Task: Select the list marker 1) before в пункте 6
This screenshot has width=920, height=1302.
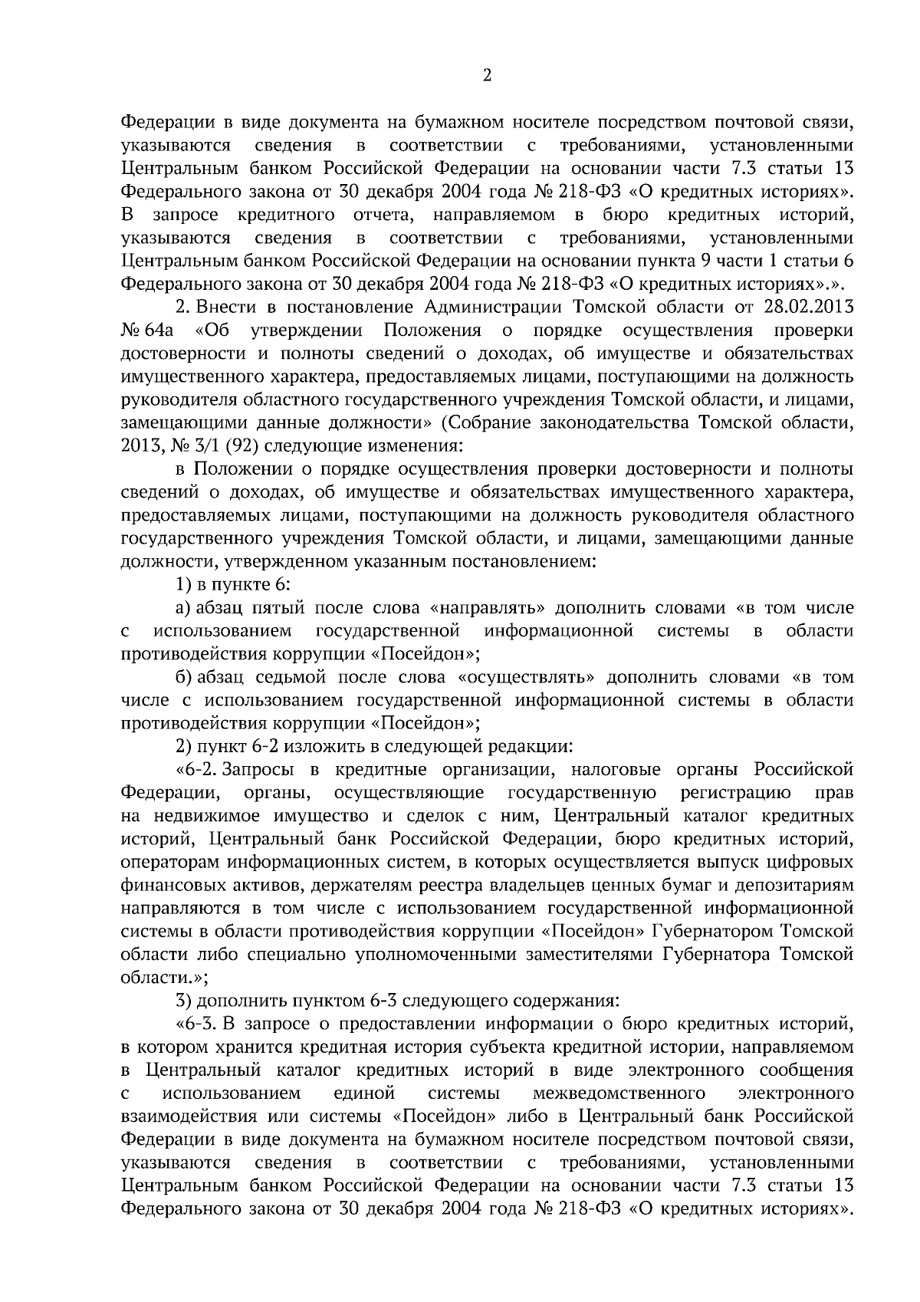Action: (x=183, y=585)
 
